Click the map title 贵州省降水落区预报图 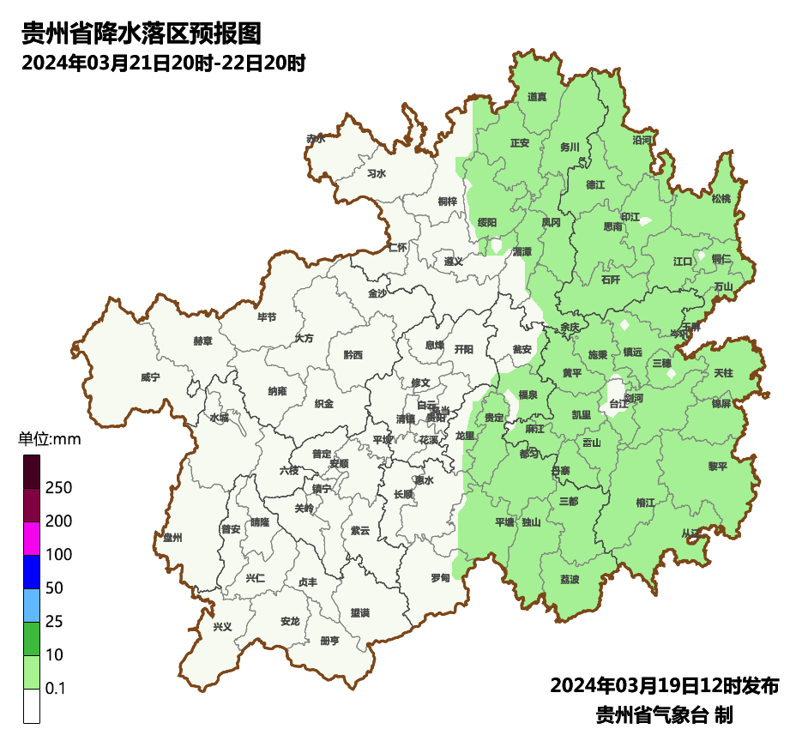click(x=141, y=34)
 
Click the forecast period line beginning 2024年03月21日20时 click(x=164, y=63)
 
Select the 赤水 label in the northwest click(x=316, y=138)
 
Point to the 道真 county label click(x=537, y=97)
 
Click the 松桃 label click(x=721, y=199)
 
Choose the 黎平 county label click(x=717, y=466)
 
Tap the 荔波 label click(x=570, y=580)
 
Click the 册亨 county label click(x=329, y=641)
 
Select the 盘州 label click(x=172, y=538)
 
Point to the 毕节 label click(x=268, y=317)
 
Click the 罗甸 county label click(x=440, y=578)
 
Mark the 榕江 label click(x=645, y=503)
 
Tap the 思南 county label click(x=612, y=227)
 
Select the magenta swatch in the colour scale click(x=32, y=539)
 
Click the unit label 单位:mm click(x=49, y=440)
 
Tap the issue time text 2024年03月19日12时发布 click(x=664, y=686)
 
